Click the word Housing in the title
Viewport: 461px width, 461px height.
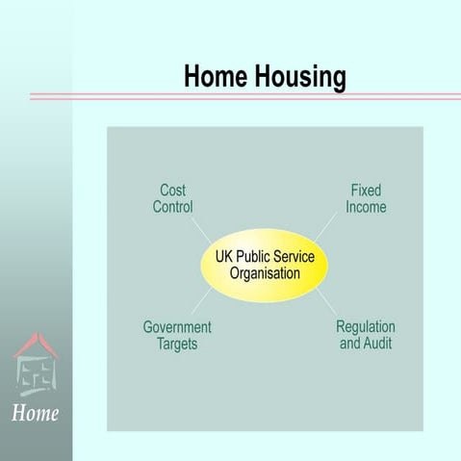pos(299,77)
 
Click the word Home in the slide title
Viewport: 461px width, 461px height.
pos(217,77)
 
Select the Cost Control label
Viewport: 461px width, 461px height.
pos(173,199)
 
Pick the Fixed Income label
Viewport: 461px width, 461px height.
pos(366,199)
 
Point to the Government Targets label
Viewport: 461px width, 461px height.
pos(177,335)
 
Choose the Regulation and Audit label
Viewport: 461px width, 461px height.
pos(366,335)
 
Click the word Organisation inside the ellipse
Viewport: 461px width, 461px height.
pos(265,273)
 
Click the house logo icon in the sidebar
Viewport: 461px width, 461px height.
pos(36,365)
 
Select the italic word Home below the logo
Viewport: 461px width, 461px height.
pos(36,414)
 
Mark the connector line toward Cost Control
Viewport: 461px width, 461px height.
pos(202,232)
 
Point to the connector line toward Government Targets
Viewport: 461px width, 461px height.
pos(202,302)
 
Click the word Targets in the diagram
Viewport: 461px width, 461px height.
pos(177,344)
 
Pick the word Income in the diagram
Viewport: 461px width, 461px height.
pos(366,207)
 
